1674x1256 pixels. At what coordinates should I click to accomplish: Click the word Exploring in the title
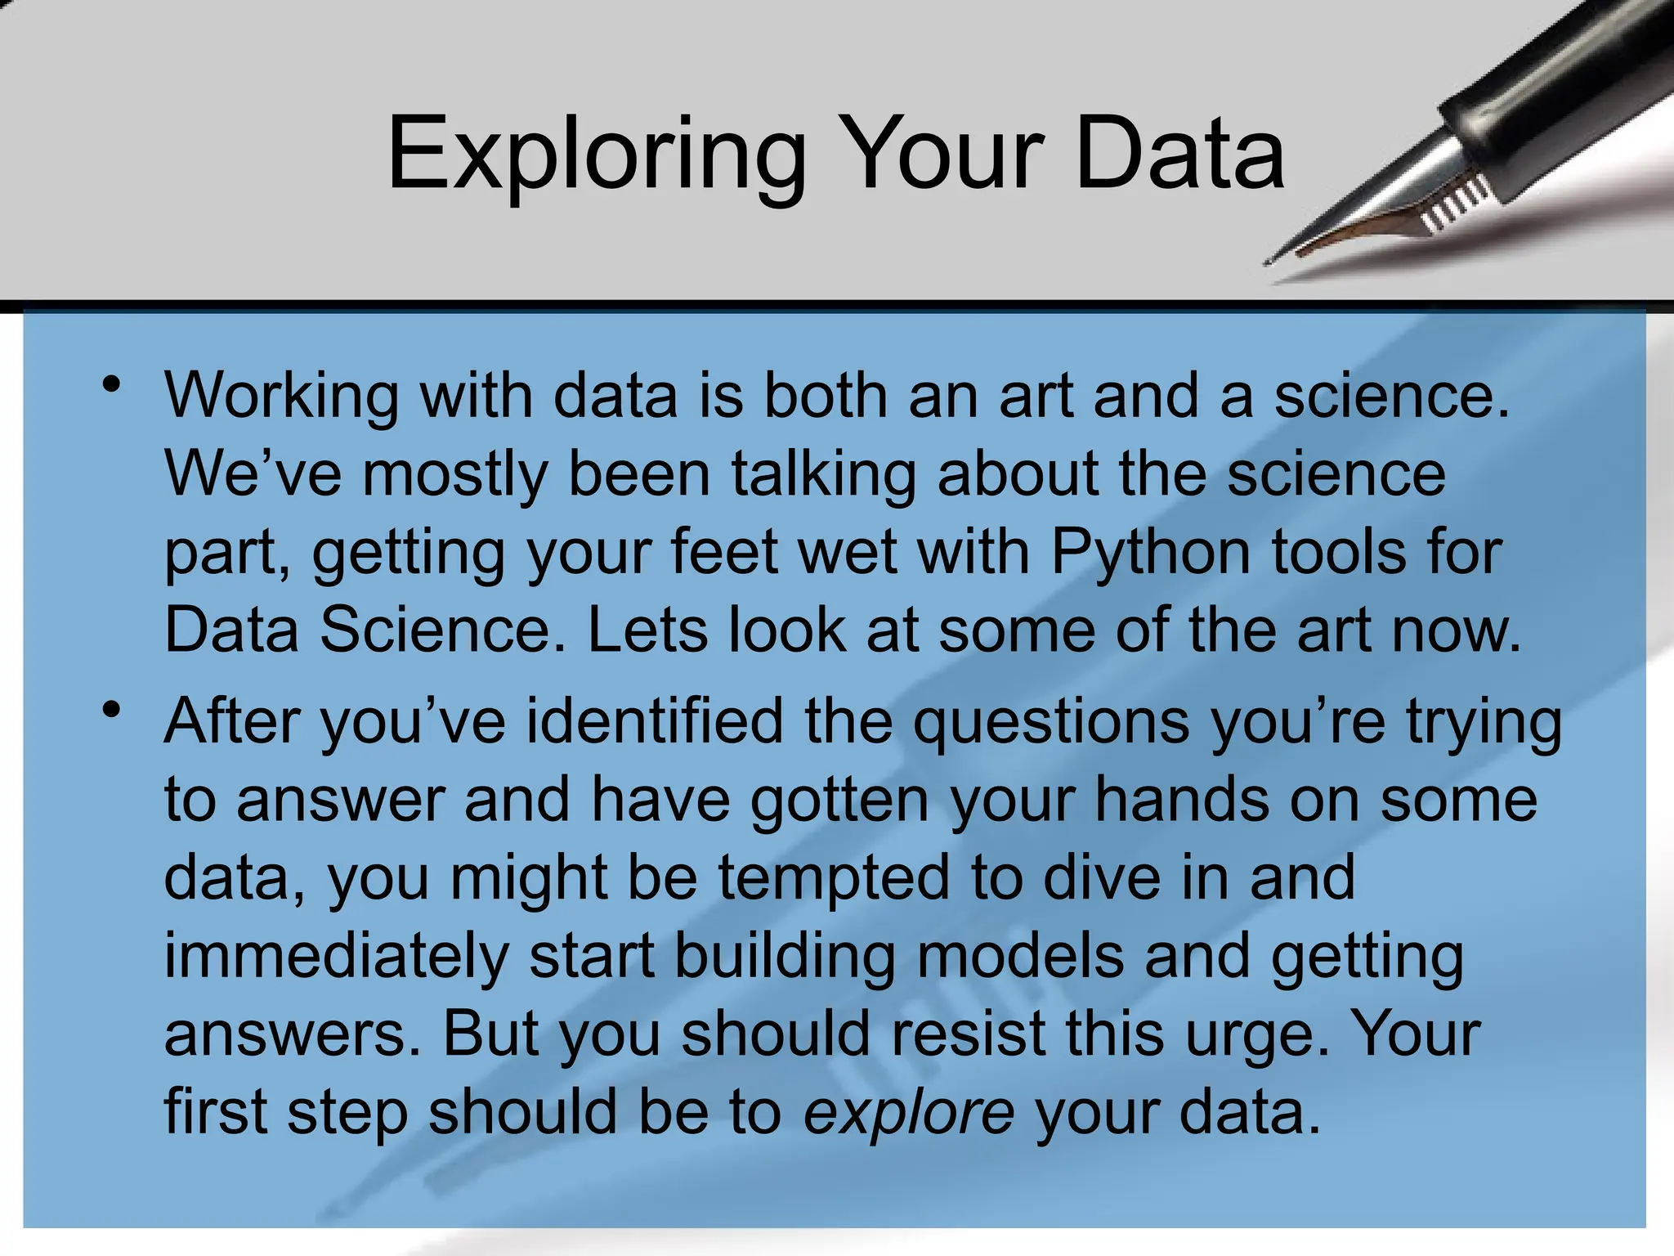(x=596, y=154)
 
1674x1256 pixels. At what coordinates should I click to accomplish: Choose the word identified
(x=654, y=721)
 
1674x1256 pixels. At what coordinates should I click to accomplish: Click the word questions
(x=1050, y=723)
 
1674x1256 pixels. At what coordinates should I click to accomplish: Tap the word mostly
(x=454, y=475)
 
